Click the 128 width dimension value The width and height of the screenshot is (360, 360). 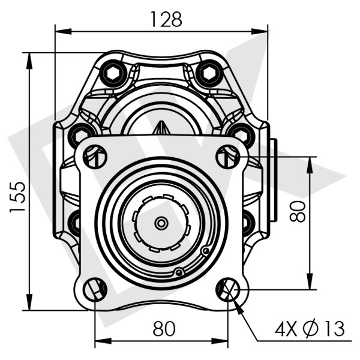(166, 19)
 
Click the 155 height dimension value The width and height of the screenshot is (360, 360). (17, 197)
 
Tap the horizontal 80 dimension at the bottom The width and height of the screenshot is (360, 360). (164, 328)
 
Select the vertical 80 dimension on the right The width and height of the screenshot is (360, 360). (298, 211)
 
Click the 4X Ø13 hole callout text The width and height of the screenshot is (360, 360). (310, 329)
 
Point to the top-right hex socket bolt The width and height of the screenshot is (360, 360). (210, 73)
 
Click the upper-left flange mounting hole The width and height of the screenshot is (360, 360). (95, 157)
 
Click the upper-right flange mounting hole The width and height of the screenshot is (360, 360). (228, 157)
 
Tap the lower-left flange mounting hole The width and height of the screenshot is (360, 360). (95, 289)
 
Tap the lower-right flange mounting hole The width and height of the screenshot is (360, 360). (228, 289)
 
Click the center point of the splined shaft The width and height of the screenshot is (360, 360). (161, 223)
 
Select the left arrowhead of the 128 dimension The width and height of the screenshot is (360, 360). (64, 31)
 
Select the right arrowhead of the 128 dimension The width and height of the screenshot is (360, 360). (259, 31)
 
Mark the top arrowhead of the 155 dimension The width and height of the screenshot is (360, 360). (29, 61)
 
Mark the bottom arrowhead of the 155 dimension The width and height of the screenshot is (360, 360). (29, 302)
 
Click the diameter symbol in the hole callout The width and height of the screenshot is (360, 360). (311, 329)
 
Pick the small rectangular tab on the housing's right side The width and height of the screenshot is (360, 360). (274, 180)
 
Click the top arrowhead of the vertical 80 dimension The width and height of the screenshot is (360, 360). (310, 165)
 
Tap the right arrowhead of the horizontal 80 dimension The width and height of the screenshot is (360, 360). (220, 341)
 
